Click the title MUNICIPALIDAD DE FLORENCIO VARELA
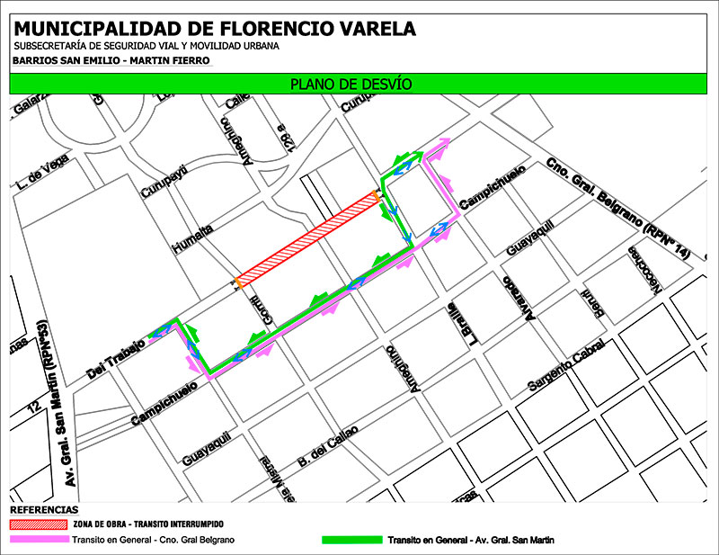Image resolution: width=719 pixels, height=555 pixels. tap(215, 28)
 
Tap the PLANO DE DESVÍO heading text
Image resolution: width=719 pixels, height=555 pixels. tap(351, 85)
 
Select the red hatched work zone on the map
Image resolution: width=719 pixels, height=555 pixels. tap(306, 237)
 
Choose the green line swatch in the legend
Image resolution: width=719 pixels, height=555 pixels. tap(351, 540)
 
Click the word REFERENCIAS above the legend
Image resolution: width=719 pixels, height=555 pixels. tap(40, 509)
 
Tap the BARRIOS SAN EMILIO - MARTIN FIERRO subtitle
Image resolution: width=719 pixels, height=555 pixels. tap(111, 61)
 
